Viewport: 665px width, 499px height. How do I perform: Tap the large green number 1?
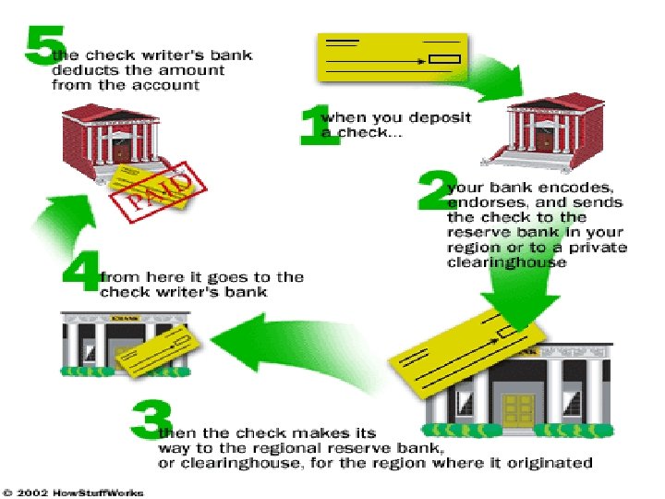314,124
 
